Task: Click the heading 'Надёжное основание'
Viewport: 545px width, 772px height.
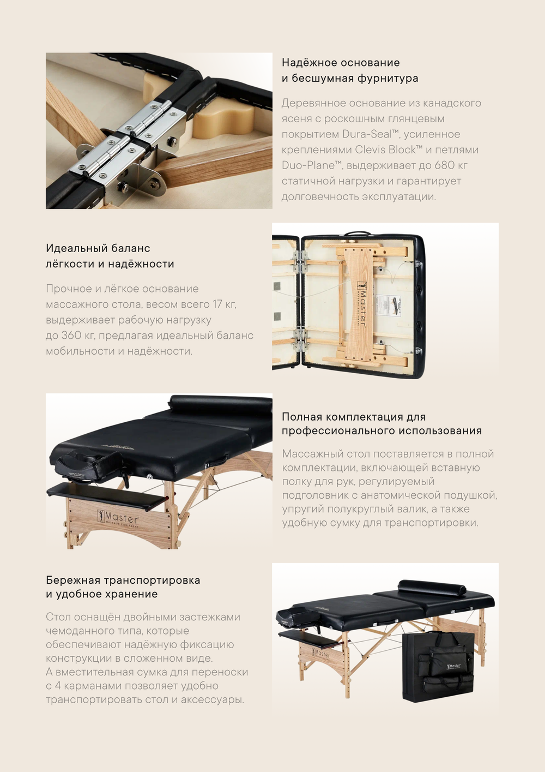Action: (341, 63)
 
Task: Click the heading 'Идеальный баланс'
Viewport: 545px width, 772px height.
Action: (98, 248)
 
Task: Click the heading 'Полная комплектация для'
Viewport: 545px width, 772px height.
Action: (354, 417)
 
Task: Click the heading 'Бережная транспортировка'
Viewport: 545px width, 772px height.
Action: (123, 580)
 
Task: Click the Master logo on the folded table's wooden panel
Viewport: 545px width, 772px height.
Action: (361, 303)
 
